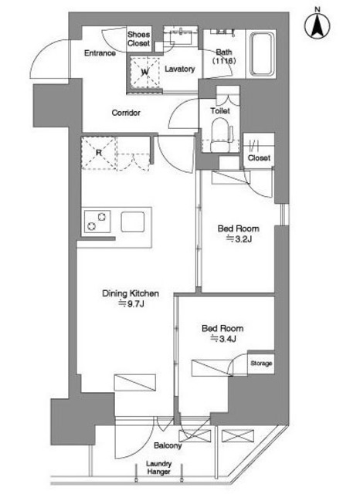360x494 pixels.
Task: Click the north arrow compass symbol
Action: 318,25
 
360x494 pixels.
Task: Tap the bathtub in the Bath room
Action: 261,54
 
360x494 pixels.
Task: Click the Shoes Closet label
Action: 139,39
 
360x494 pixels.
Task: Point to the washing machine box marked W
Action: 144,72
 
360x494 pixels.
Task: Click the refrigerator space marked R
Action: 99,153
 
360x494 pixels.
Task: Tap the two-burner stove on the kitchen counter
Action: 97,222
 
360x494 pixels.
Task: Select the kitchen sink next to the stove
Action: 133,222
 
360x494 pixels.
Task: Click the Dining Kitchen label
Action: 131,293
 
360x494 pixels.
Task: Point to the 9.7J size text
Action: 131,304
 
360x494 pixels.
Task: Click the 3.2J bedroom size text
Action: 239,239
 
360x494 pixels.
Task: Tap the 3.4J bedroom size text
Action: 223,339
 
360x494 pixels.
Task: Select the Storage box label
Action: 261,364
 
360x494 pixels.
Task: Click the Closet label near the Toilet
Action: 259,157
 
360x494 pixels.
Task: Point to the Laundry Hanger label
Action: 159,468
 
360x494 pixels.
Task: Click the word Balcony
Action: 168,445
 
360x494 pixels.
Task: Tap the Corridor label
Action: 126,113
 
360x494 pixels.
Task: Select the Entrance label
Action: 100,53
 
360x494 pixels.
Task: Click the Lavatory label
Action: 180,69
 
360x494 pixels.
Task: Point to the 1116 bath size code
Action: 224,60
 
